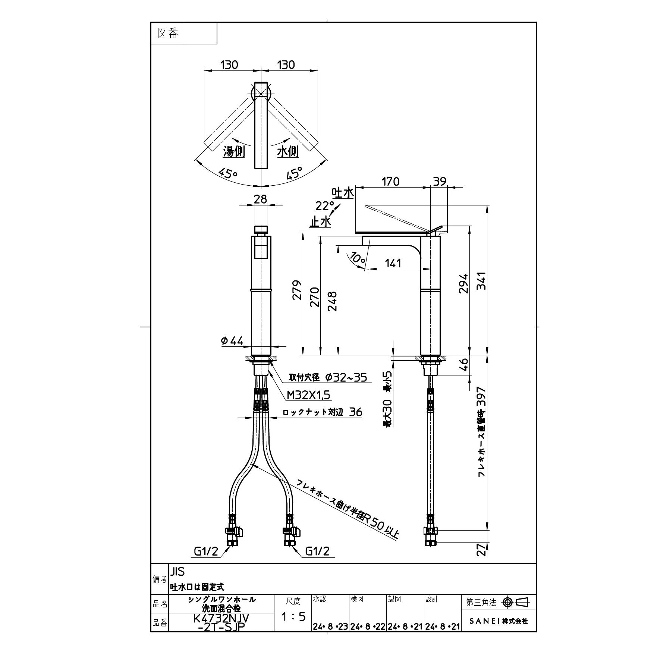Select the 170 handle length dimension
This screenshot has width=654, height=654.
(x=390, y=182)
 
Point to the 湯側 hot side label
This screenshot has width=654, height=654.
(x=234, y=152)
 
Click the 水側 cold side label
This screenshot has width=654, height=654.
(x=288, y=152)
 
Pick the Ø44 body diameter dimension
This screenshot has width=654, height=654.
(x=232, y=341)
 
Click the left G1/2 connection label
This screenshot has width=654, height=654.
(x=205, y=551)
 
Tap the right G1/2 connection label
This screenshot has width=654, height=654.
(x=317, y=551)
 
